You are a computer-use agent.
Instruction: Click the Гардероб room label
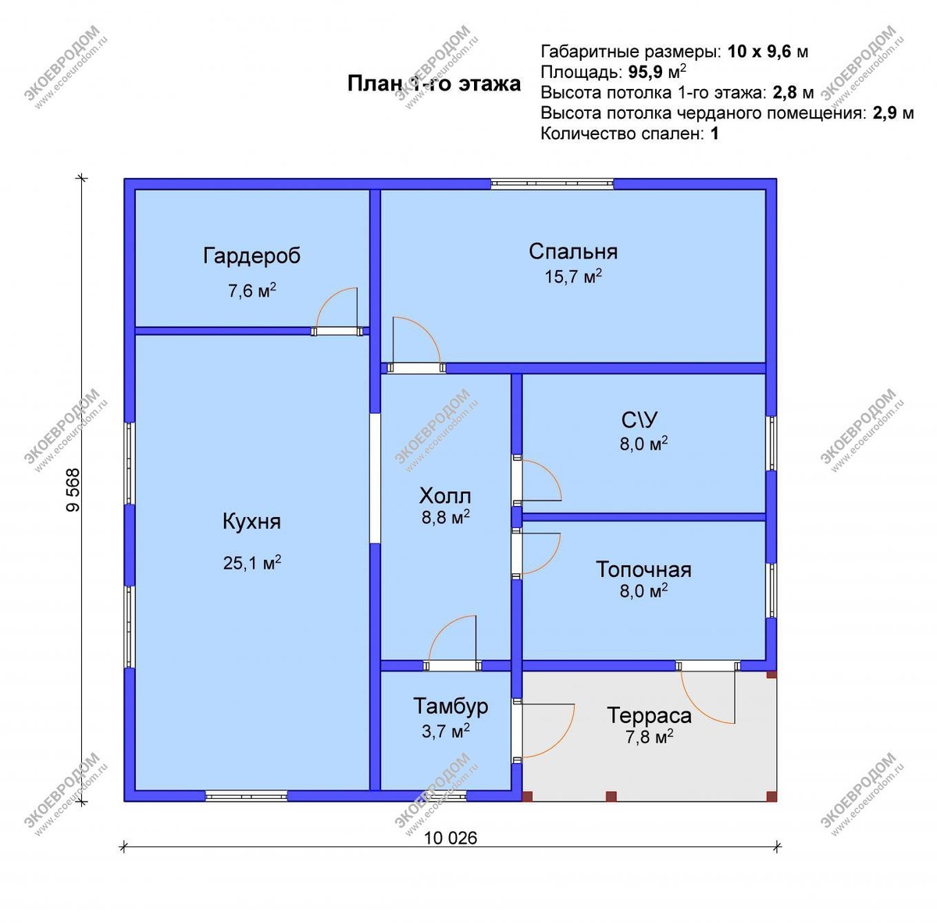[x=251, y=256]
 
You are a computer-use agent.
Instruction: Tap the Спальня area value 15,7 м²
[x=573, y=276]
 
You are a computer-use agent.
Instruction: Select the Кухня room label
[x=251, y=522]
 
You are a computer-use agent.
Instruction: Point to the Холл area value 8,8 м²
[x=445, y=517]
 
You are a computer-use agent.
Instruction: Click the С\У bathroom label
[x=640, y=419]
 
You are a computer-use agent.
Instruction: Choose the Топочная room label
[x=643, y=569]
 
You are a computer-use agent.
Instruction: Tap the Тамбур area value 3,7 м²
[x=445, y=731]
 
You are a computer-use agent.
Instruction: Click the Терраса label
[x=649, y=715]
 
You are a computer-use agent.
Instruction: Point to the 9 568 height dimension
[x=73, y=490]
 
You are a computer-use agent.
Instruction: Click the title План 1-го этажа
[x=433, y=84]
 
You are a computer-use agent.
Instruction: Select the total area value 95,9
[x=645, y=72]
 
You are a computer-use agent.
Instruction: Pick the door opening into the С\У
[x=536, y=480]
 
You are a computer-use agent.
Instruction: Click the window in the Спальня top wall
[x=552, y=184]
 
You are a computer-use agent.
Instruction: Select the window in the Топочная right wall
[x=771, y=590]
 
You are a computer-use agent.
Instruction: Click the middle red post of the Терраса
[x=611, y=796]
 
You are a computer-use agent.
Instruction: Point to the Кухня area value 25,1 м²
[x=252, y=563]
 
